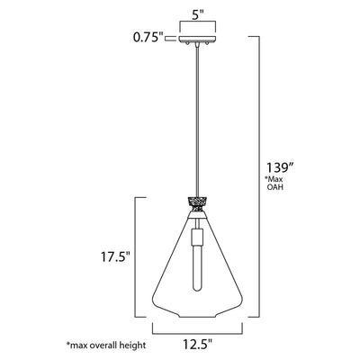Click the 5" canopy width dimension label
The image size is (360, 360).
click(x=198, y=15)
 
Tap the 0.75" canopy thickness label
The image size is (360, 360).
click(x=148, y=38)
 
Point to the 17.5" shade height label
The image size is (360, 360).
click(x=115, y=257)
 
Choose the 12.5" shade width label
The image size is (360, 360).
click(x=197, y=343)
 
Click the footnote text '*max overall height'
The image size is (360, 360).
click(x=106, y=345)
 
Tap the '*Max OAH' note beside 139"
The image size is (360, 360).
click(x=274, y=184)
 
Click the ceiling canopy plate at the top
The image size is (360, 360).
click(x=197, y=39)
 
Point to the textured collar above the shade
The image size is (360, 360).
click(x=197, y=204)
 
